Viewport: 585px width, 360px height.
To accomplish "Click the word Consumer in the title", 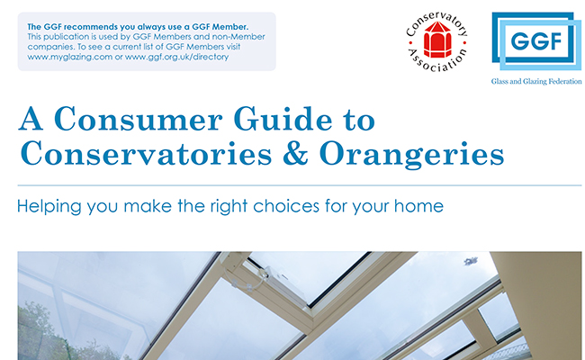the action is (139, 119).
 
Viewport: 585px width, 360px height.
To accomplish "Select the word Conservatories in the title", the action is (146, 153).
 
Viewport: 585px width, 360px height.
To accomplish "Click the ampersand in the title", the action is (295, 153).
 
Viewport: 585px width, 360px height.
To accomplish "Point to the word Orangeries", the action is (412, 155).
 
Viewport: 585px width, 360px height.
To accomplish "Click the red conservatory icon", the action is (437, 40).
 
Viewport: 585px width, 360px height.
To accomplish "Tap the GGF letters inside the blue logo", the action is (536, 41).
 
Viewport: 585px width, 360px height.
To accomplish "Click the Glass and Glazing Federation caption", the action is (536, 81).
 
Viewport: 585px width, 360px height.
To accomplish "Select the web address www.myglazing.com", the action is (70, 57).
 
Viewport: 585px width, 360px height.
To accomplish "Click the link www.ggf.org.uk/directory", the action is (176, 57).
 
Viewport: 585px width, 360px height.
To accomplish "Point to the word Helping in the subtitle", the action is (49, 207).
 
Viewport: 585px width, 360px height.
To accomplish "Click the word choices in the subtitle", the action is (286, 206).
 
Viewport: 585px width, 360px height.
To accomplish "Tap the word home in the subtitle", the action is (419, 206).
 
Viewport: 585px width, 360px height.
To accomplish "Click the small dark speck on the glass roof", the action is (471, 261).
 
